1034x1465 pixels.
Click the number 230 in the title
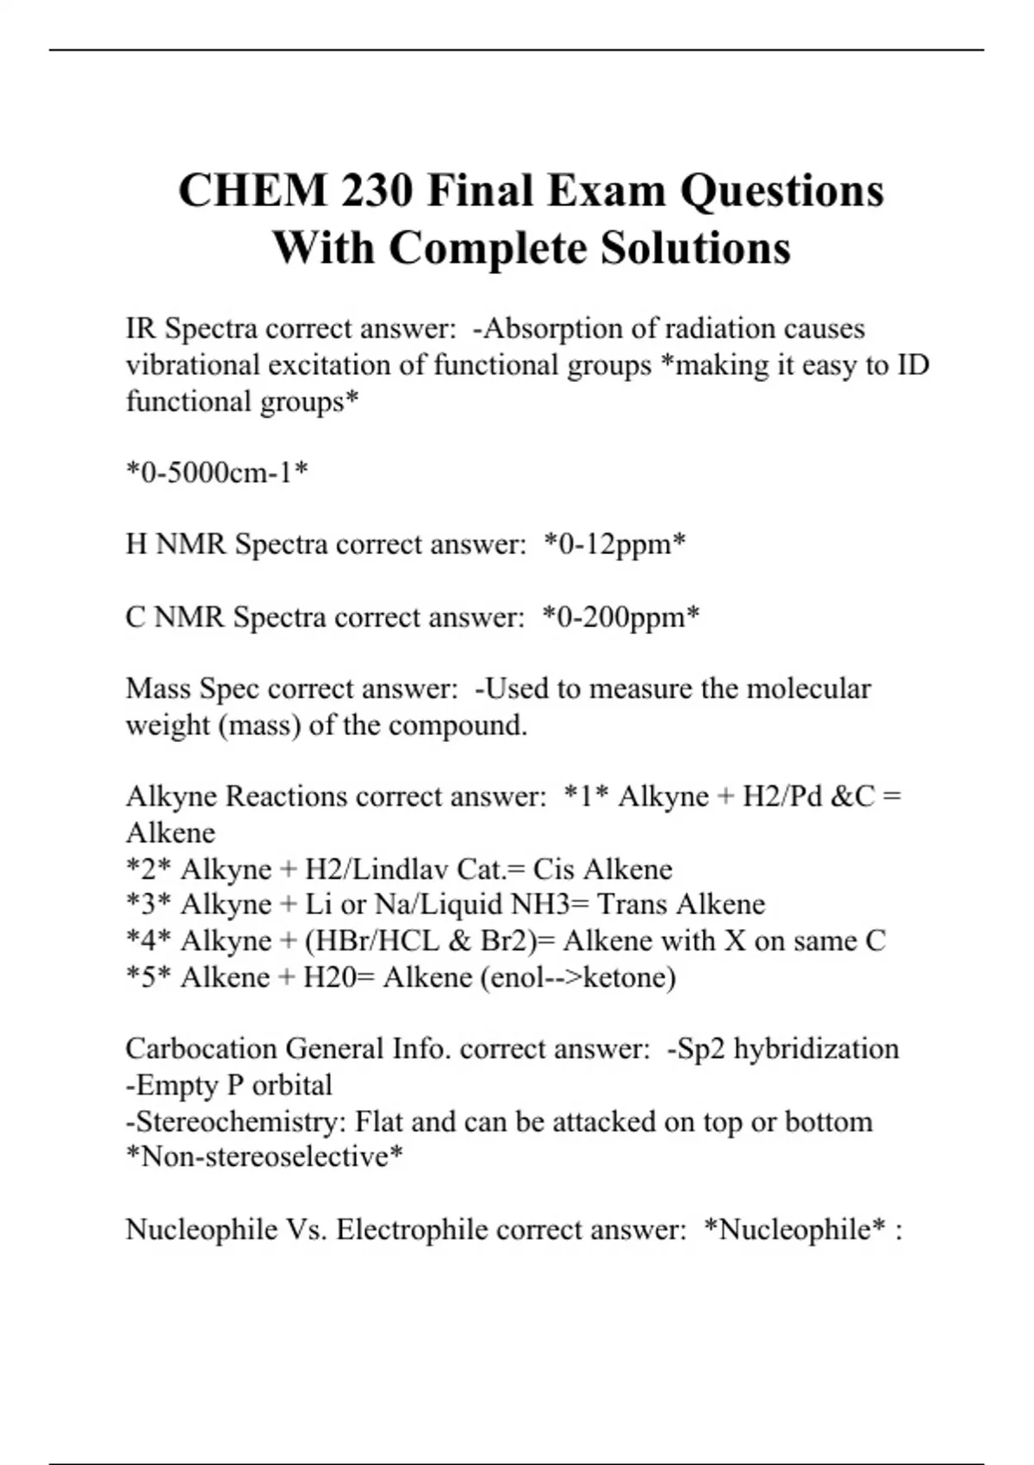click(x=377, y=190)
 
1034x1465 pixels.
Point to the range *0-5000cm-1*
click(x=217, y=473)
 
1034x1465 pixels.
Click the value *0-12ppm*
click(x=615, y=545)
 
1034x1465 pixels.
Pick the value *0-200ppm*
click(x=620, y=617)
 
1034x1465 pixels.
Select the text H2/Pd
click(x=782, y=797)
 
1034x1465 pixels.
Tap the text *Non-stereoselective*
click(x=265, y=1157)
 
